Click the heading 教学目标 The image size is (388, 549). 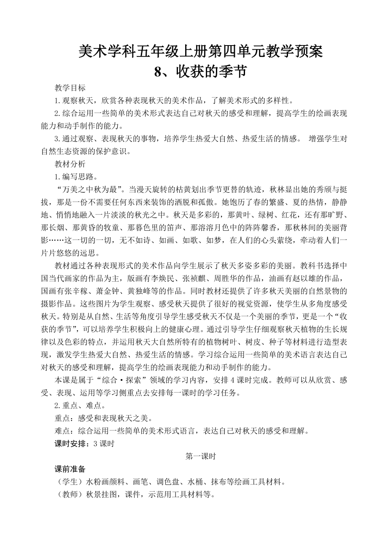tap(70, 88)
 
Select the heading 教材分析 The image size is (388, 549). tap(70, 163)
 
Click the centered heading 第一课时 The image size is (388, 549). tap(201, 456)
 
